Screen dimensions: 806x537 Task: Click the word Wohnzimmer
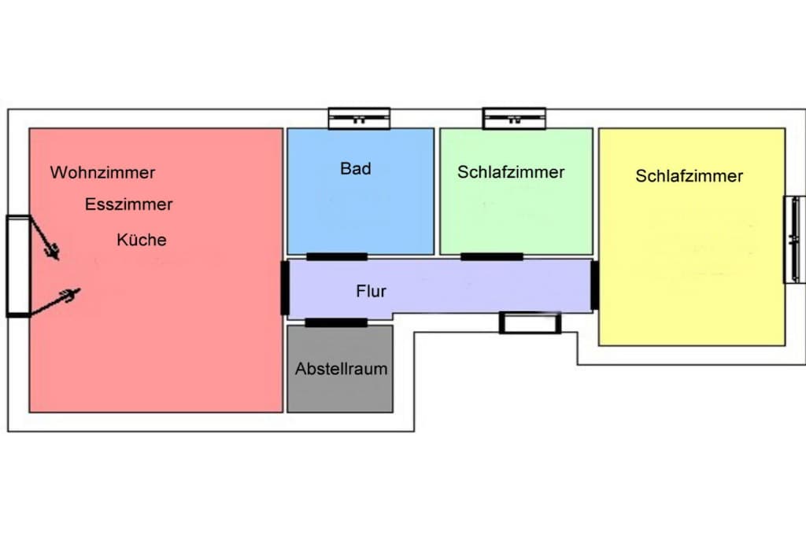[102, 172]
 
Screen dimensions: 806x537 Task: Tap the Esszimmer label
[128, 204]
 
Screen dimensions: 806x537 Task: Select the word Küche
[142, 240]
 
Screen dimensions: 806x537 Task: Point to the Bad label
[355, 168]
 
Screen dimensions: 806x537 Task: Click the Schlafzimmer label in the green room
[511, 172]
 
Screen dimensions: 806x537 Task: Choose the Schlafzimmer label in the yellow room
[690, 176]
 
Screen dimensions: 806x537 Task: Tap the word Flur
[371, 291]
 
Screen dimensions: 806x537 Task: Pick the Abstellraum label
[342, 369]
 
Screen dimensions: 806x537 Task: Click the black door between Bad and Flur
[337, 256]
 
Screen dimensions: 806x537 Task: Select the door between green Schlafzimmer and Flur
[491, 256]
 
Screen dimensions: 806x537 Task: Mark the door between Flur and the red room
[285, 288]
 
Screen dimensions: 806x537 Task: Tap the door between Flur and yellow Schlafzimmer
[595, 285]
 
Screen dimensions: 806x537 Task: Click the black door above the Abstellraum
[336, 323]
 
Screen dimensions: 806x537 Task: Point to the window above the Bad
[359, 119]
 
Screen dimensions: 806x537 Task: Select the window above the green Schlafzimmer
[514, 119]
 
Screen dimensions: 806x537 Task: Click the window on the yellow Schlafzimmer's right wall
[794, 239]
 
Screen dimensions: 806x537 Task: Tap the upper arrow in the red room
[44, 237]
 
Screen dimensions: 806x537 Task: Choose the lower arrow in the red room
[55, 302]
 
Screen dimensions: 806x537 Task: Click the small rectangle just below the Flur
[530, 323]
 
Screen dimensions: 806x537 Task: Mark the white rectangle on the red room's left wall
[18, 266]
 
